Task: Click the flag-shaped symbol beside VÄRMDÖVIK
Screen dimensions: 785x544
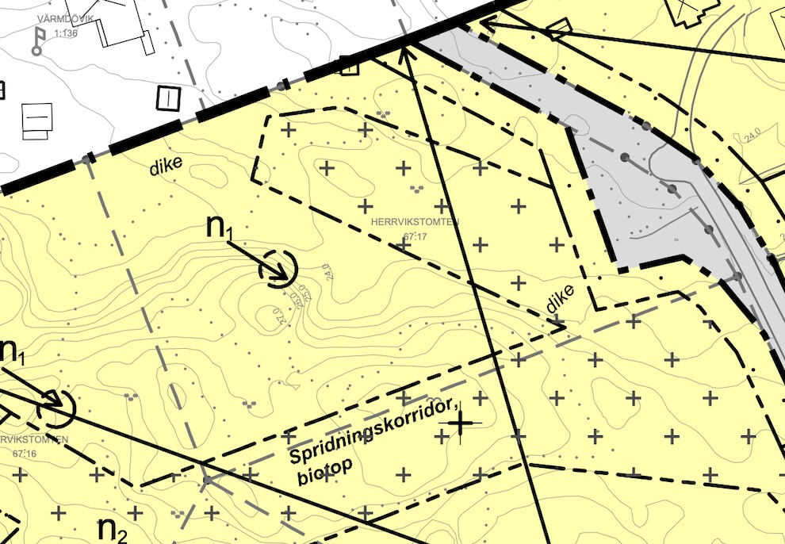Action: click(x=38, y=40)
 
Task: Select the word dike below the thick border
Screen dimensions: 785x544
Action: click(x=166, y=166)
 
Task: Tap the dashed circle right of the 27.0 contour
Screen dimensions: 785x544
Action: click(x=278, y=269)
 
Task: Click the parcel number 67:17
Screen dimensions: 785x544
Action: click(x=415, y=236)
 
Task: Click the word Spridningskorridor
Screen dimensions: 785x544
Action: click(x=373, y=433)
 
